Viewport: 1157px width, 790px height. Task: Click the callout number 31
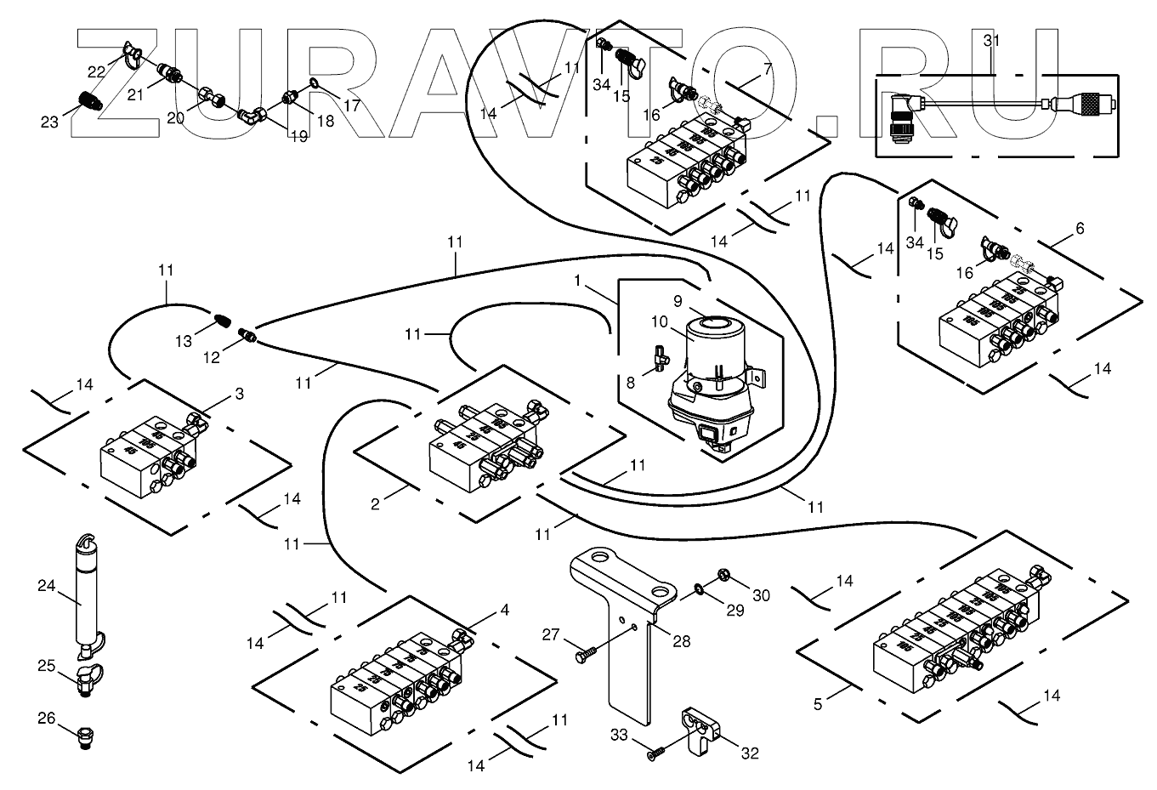(x=991, y=40)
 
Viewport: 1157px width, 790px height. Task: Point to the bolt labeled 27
(x=586, y=657)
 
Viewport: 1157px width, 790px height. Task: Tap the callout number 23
(x=49, y=122)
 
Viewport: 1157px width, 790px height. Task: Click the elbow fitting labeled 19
(x=251, y=113)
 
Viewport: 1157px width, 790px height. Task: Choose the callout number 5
(x=818, y=704)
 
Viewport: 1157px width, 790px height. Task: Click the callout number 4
(x=505, y=611)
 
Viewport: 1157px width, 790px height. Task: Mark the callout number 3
(x=239, y=394)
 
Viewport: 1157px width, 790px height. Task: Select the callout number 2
(x=375, y=504)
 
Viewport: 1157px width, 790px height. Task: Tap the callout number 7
(x=768, y=69)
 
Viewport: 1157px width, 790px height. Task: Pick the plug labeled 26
(x=86, y=733)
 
